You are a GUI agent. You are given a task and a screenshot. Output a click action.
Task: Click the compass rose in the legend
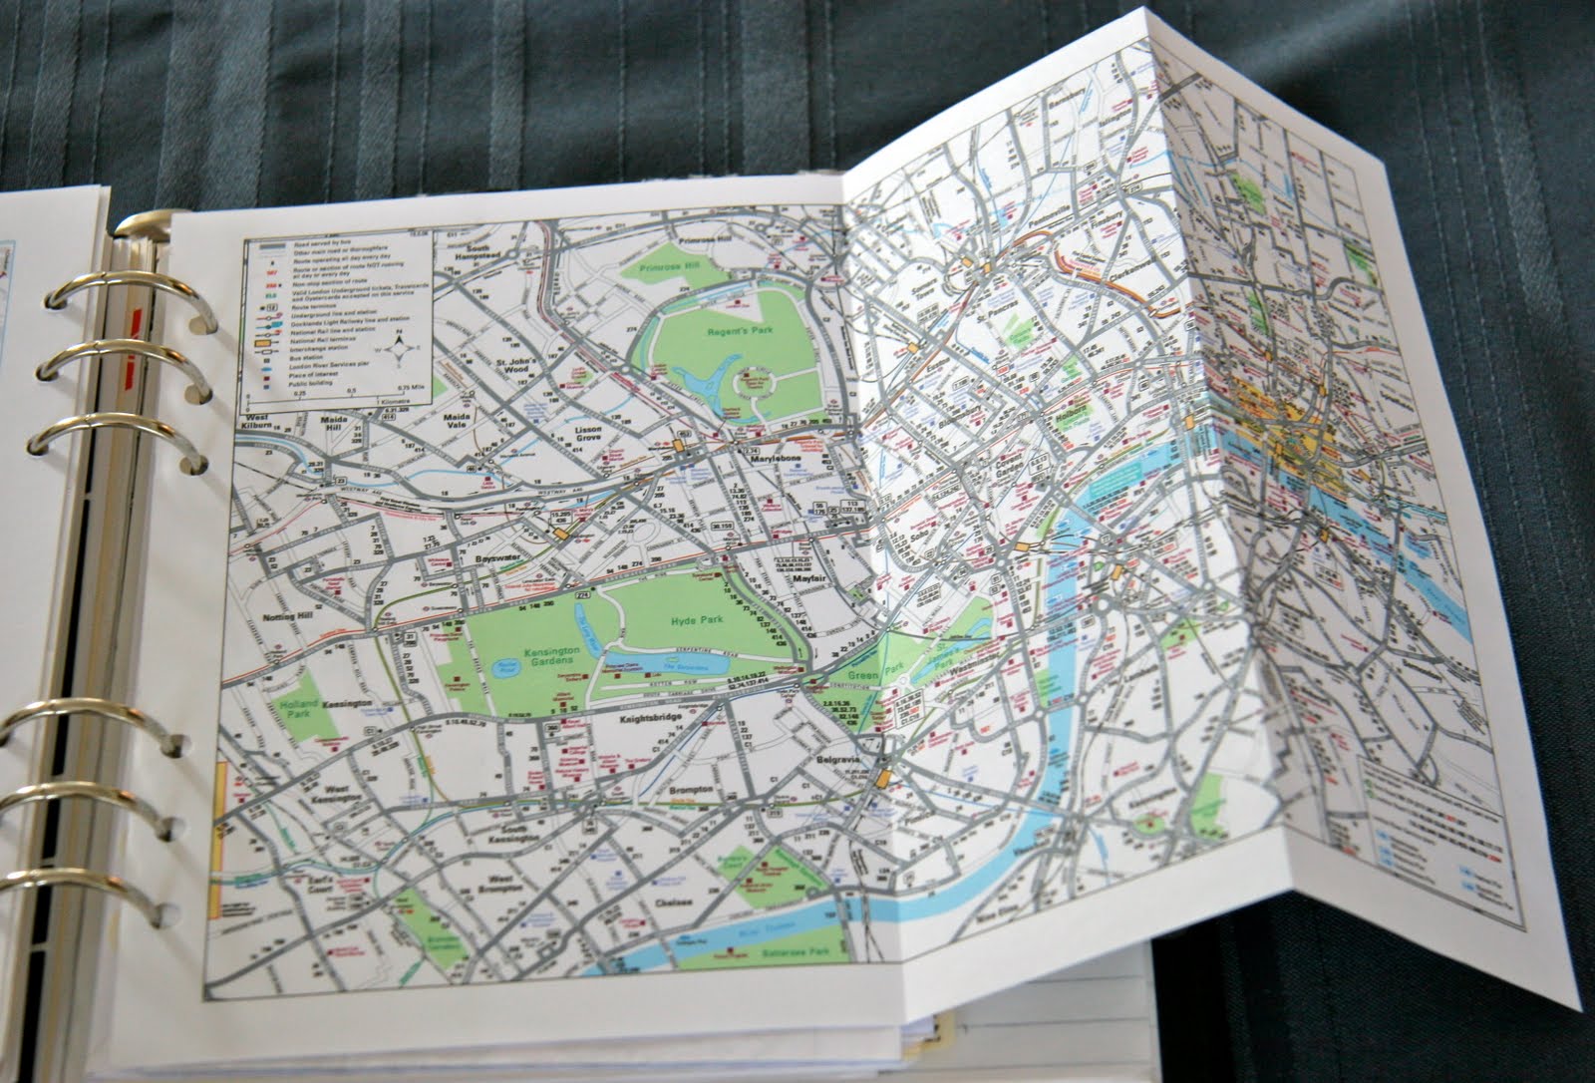tap(398, 349)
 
